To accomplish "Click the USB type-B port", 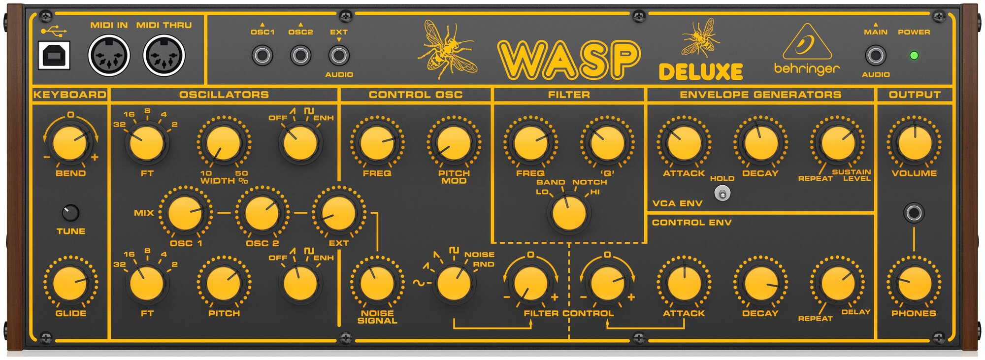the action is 54,55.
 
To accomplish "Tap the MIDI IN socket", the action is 109,55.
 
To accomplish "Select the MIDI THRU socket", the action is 164,55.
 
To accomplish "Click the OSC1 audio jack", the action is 263,55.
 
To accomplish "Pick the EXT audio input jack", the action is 339,55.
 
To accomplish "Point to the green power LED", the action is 914,55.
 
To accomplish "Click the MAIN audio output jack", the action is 875,55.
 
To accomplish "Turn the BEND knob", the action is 70,143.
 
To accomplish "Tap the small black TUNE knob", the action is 71,213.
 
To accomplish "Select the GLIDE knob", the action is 70,283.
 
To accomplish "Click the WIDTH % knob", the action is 224,143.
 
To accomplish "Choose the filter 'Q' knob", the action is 607,143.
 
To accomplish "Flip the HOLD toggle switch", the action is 722,194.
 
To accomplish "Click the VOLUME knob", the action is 915,143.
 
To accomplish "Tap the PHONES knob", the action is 914,283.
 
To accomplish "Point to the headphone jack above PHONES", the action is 914,213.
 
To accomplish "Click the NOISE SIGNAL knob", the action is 377,283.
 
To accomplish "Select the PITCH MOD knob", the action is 454,143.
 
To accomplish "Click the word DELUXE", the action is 701,72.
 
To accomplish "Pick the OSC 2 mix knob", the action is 262,213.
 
